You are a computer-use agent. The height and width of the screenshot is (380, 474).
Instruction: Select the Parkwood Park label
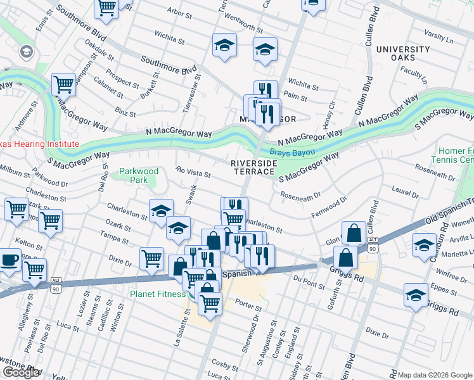coord(138,175)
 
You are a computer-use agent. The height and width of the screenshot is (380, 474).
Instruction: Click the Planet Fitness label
coord(158,293)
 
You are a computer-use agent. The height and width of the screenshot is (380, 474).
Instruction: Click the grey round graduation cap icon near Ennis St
coord(27,51)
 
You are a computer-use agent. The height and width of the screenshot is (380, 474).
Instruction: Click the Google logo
coord(20,372)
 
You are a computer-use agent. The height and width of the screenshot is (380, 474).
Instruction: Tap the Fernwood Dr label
coord(330,208)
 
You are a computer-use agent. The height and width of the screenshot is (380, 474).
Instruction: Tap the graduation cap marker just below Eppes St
coord(416,296)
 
